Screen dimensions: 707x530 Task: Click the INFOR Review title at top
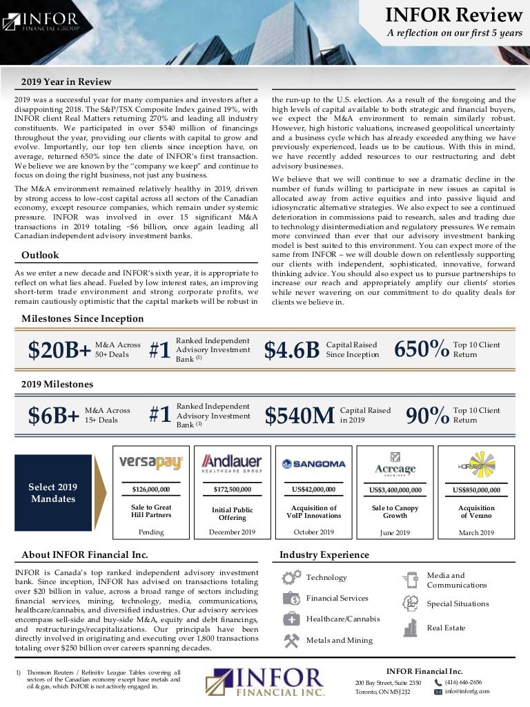454,15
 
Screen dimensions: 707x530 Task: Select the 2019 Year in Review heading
66,82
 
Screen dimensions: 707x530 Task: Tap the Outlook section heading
40,255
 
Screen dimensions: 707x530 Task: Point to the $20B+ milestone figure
59,351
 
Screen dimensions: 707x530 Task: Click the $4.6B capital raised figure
292,351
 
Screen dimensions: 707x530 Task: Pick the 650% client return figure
421,350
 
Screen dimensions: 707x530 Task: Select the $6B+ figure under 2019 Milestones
53,416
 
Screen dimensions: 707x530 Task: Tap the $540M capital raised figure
300,416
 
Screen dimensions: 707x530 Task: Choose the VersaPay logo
150,462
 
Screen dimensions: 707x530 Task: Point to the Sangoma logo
313,463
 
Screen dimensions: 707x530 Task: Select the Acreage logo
395,465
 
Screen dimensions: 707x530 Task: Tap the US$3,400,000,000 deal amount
395,490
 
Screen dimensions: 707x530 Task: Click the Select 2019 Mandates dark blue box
52,492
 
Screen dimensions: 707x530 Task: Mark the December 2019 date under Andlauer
232,532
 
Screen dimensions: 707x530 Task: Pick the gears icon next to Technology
292,577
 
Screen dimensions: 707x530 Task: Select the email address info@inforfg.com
467,691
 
